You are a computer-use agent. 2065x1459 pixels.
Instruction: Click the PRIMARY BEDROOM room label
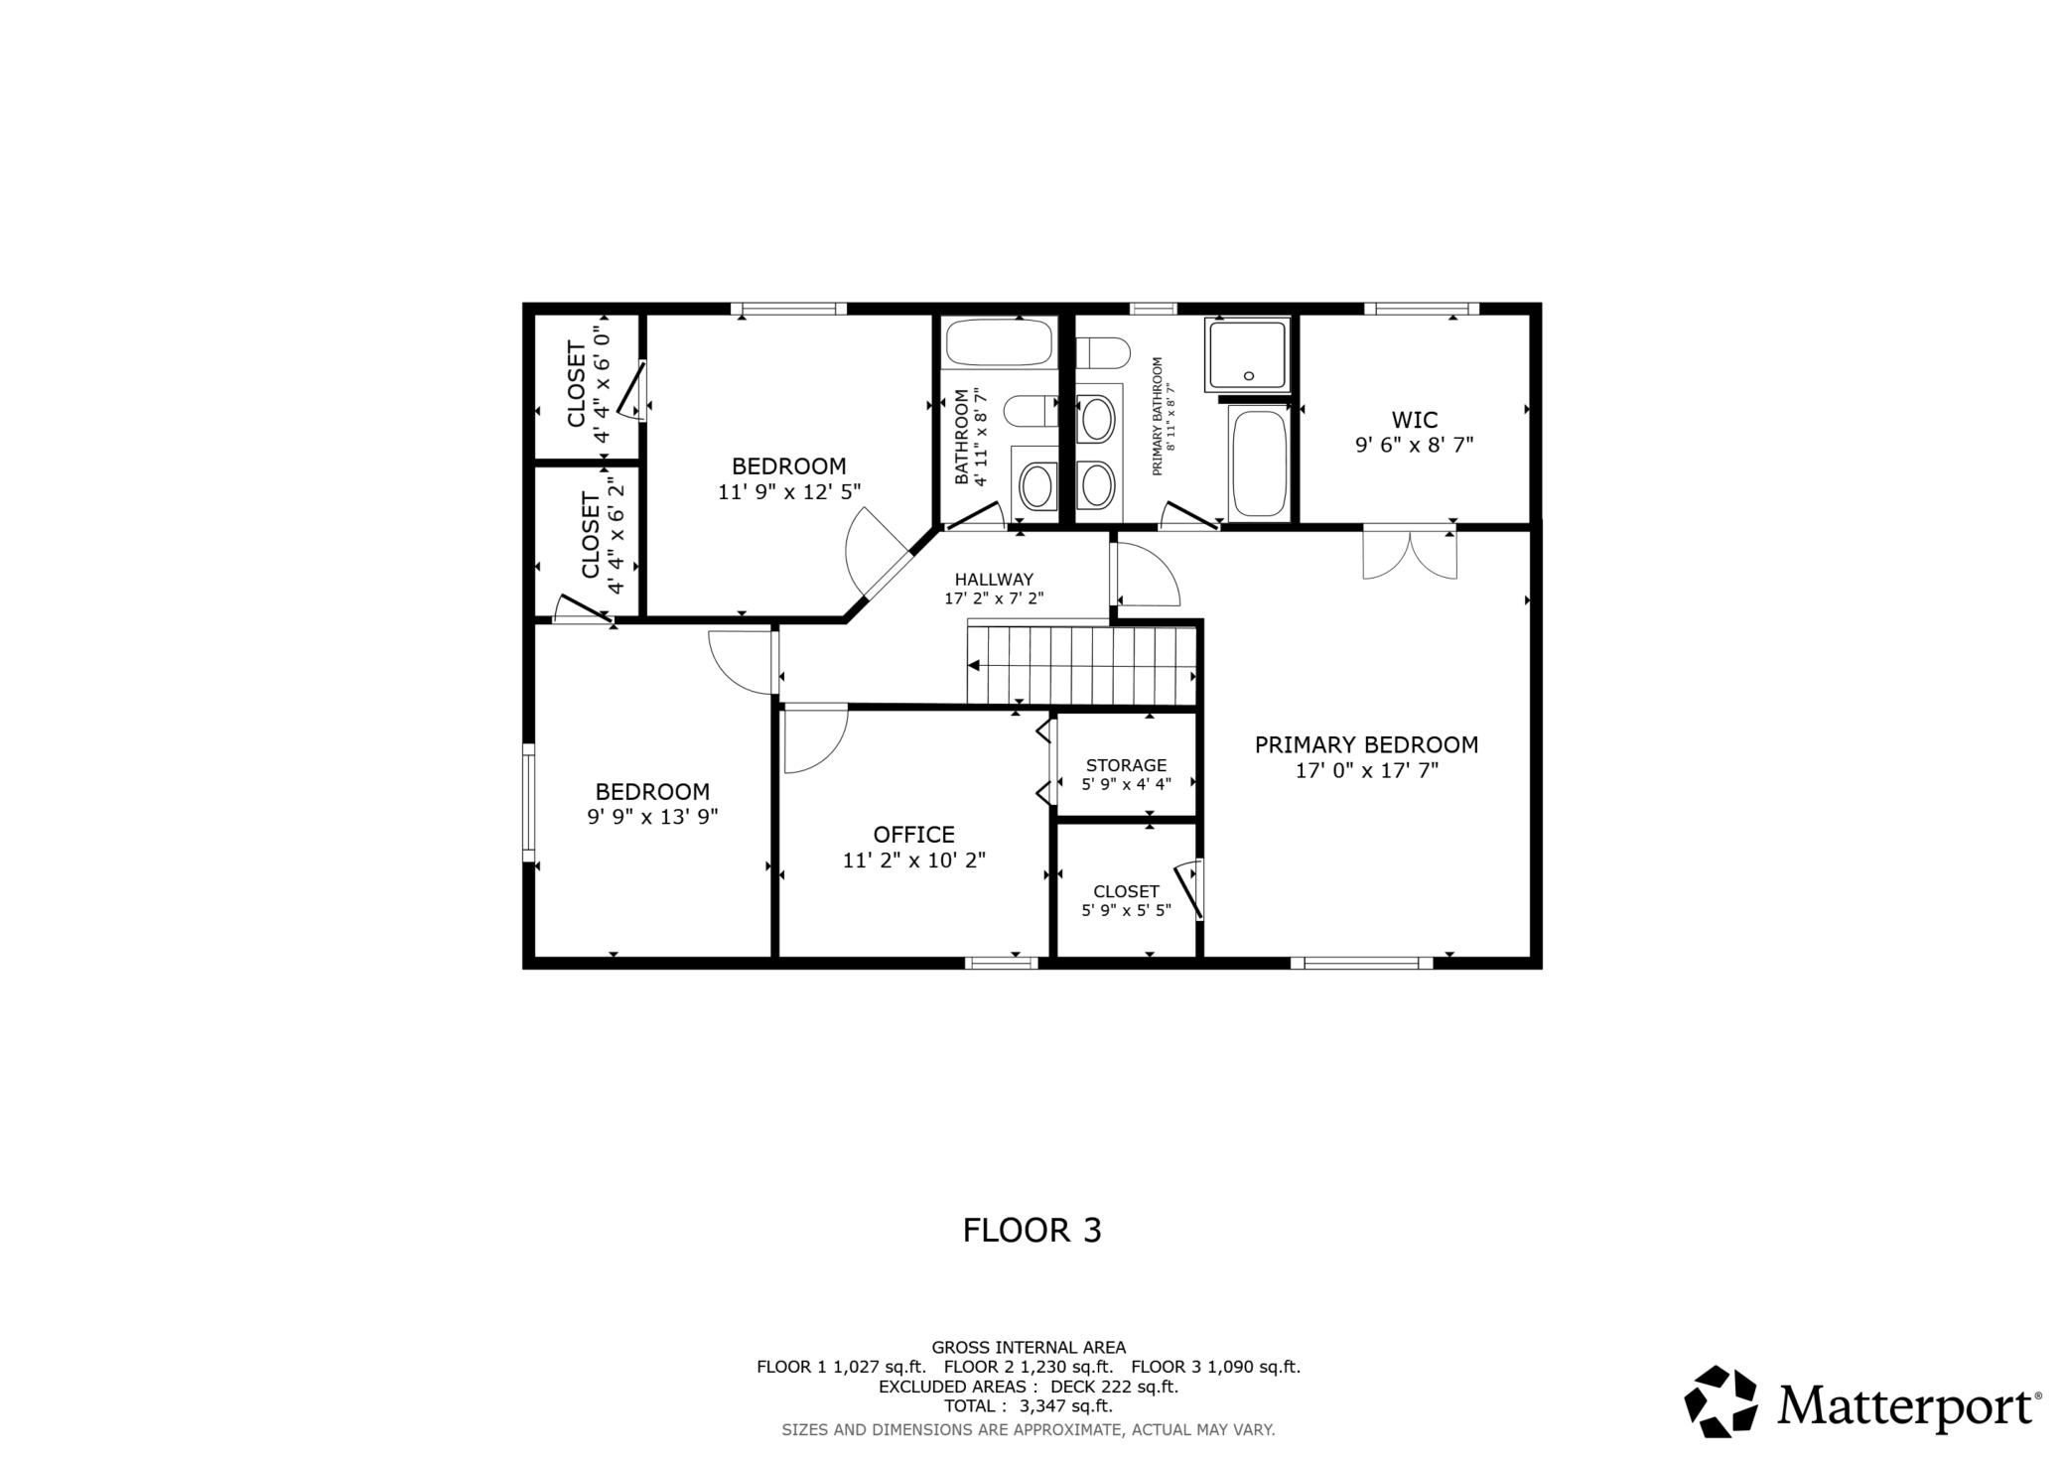point(1366,744)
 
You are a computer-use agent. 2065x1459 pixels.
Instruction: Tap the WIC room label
point(1414,420)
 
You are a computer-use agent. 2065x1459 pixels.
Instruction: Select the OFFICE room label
point(913,835)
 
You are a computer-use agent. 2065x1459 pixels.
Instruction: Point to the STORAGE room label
point(1126,765)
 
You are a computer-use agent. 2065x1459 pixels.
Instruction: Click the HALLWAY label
point(994,580)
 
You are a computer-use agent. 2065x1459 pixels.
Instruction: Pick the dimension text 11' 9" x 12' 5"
point(789,491)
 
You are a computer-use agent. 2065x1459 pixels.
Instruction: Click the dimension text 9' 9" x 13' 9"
point(652,817)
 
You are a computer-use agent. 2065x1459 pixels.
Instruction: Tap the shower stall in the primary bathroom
point(1248,354)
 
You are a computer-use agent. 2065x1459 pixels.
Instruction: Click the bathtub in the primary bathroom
point(1259,463)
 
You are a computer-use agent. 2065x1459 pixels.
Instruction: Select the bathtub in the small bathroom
point(998,342)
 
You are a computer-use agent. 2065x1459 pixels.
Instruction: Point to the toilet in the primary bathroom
point(1103,352)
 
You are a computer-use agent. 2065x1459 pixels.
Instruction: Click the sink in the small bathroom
point(1036,485)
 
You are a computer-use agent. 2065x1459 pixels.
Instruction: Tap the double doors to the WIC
point(1410,553)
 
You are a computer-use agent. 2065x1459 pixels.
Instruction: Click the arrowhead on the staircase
point(975,665)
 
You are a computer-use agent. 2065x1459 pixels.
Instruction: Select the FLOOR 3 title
point(1032,1231)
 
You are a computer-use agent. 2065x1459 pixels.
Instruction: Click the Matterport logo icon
point(1721,1401)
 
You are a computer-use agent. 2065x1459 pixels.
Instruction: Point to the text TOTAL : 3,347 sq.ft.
point(1028,1405)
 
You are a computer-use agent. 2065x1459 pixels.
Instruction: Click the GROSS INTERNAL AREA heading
point(1029,1347)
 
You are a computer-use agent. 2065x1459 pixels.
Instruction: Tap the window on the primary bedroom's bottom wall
point(1361,962)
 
